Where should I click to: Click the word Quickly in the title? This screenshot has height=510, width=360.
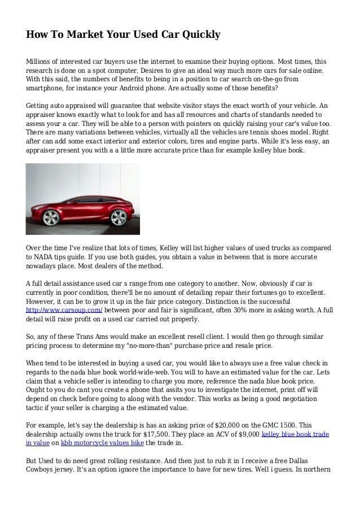coord(195,36)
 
